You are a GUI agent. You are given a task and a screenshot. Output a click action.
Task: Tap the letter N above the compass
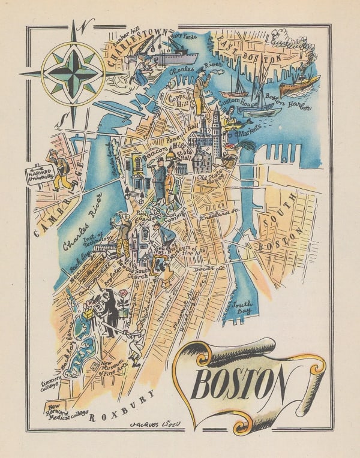coord(88,26)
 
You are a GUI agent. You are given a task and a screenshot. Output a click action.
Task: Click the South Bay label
coord(242,306)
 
